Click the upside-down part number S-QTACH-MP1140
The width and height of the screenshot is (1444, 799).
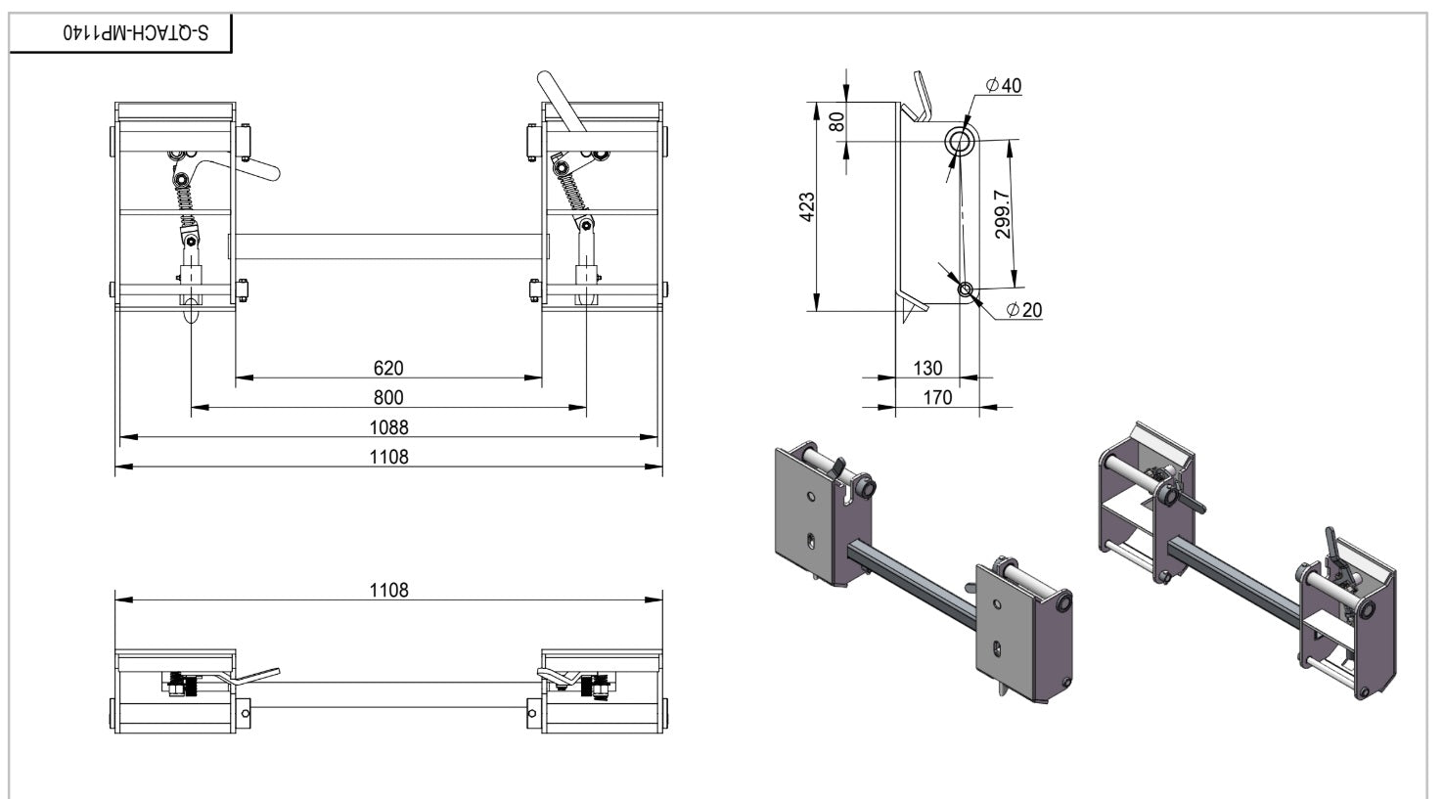tap(136, 32)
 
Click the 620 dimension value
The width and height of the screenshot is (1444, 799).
tap(388, 368)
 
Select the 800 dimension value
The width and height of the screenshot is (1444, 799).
tap(388, 397)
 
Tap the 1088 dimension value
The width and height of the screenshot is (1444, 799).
tap(388, 427)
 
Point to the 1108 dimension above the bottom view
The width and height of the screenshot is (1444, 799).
tap(388, 590)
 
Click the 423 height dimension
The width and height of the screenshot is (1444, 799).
tap(808, 206)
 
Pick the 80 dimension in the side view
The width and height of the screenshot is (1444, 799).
tap(836, 122)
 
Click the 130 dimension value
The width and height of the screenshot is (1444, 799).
tap(927, 368)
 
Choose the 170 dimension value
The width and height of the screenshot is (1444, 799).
tap(936, 397)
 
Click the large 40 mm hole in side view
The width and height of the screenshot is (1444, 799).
tap(960, 142)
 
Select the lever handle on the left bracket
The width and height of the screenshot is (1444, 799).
tap(256, 169)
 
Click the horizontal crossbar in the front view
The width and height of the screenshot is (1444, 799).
tap(388, 246)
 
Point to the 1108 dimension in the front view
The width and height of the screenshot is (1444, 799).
tap(388, 457)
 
